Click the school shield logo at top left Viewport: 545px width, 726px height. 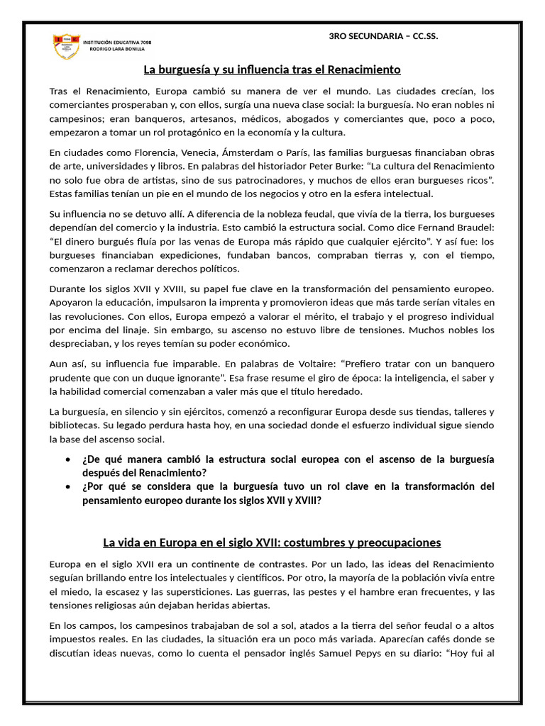pos(66,45)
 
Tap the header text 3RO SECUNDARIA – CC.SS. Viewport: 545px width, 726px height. pos(384,36)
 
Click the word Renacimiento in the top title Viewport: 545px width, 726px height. pos(365,69)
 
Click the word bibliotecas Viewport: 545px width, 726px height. pos(76,425)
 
